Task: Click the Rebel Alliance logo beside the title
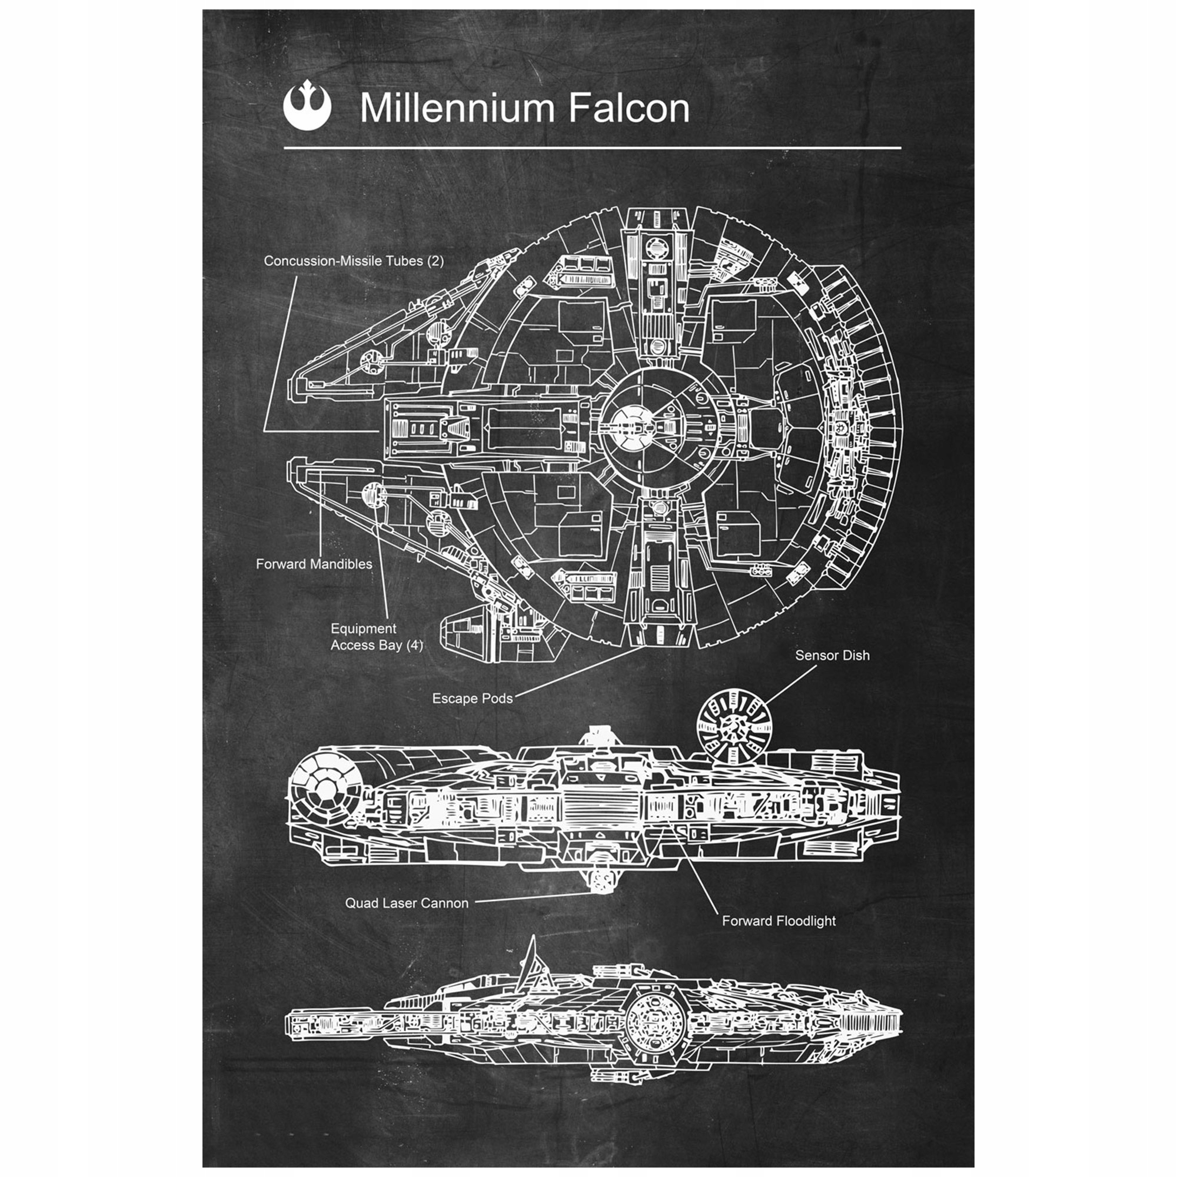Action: [307, 107]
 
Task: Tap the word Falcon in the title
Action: [629, 108]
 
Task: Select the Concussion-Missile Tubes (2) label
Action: [353, 261]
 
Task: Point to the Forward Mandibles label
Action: [314, 564]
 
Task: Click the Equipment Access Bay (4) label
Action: [376, 637]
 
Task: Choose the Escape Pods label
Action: [472, 698]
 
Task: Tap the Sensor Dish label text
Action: [832, 656]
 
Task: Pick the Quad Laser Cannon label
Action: [406, 903]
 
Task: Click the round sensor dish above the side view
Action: [734, 726]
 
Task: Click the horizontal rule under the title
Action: [592, 148]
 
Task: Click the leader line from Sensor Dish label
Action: [790, 685]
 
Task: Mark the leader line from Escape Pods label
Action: [578, 670]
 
